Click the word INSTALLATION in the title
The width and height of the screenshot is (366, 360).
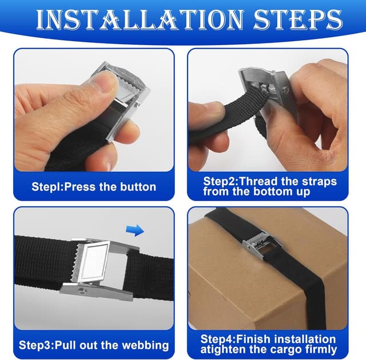click(140, 19)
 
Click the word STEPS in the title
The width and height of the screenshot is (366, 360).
click(298, 19)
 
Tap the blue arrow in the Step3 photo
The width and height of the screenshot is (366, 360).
click(135, 230)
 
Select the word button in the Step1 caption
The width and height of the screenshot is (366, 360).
click(138, 187)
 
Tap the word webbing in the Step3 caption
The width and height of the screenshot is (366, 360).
click(145, 346)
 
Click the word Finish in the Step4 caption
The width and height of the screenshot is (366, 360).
click(253, 339)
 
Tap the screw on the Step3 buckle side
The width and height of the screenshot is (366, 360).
click(82, 290)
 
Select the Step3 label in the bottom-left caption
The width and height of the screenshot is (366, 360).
click(35, 346)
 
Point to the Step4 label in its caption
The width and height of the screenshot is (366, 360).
click(217, 339)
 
